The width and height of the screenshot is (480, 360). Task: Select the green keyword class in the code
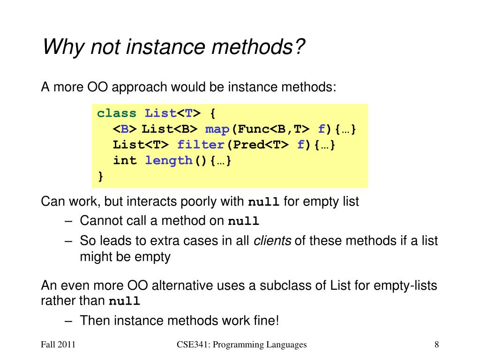(117, 113)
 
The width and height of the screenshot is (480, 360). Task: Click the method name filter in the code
(200, 145)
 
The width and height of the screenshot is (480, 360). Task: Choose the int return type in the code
(125, 160)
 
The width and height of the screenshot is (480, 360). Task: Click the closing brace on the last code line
(100, 176)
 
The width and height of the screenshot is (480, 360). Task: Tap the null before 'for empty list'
(263, 202)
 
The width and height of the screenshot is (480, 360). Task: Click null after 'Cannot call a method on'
(243, 221)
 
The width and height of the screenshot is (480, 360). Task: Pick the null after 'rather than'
(124, 301)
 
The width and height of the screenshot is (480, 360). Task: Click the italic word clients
(272, 241)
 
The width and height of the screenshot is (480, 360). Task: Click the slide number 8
(436, 345)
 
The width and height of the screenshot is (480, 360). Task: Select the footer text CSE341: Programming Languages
(242, 345)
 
